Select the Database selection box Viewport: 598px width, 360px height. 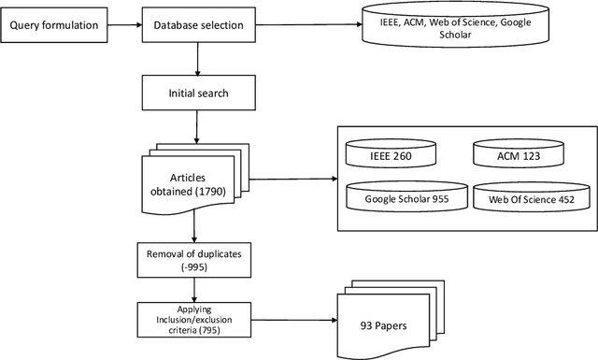coord(197,24)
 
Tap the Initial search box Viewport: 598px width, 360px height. coord(197,94)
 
